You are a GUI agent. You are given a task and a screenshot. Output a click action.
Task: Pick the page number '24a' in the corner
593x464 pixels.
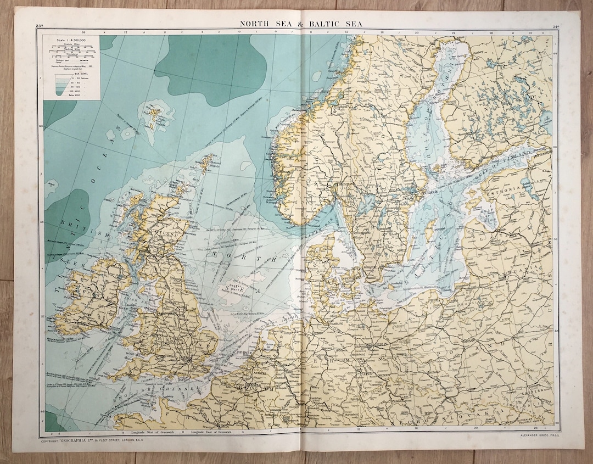point(556,26)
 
